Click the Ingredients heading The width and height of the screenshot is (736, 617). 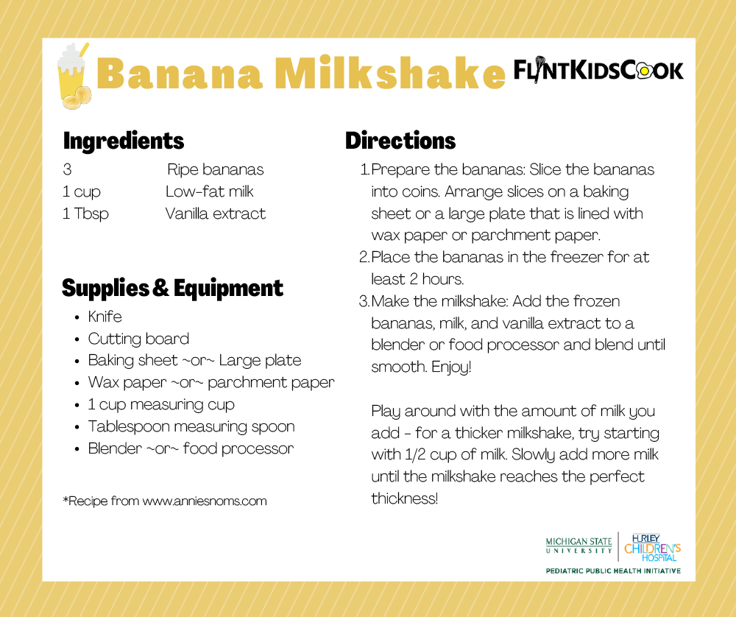[x=124, y=141]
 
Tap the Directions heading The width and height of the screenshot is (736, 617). [x=400, y=141]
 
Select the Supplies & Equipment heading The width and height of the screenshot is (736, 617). [x=172, y=288]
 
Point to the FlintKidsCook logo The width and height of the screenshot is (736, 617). [x=598, y=70]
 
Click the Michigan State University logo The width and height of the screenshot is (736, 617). [x=578, y=546]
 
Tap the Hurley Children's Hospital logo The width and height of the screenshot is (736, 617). [x=652, y=546]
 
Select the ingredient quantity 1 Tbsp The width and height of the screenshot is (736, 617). [x=85, y=214]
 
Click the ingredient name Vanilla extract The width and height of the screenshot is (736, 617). [x=215, y=214]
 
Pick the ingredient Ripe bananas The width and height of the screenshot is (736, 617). [x=215, y=170]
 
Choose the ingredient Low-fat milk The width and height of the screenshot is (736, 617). [x=209, y=192]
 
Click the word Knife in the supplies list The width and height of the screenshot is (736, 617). [x=105, y=317]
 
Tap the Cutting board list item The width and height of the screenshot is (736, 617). [x=138, y=339]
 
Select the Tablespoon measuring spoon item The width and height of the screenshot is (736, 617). [x=191, y=427]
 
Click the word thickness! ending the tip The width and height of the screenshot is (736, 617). [x=405, y=498]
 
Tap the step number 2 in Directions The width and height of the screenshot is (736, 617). [x=364, y=258]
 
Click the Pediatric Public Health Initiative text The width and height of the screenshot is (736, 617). [x=612, y=571]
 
